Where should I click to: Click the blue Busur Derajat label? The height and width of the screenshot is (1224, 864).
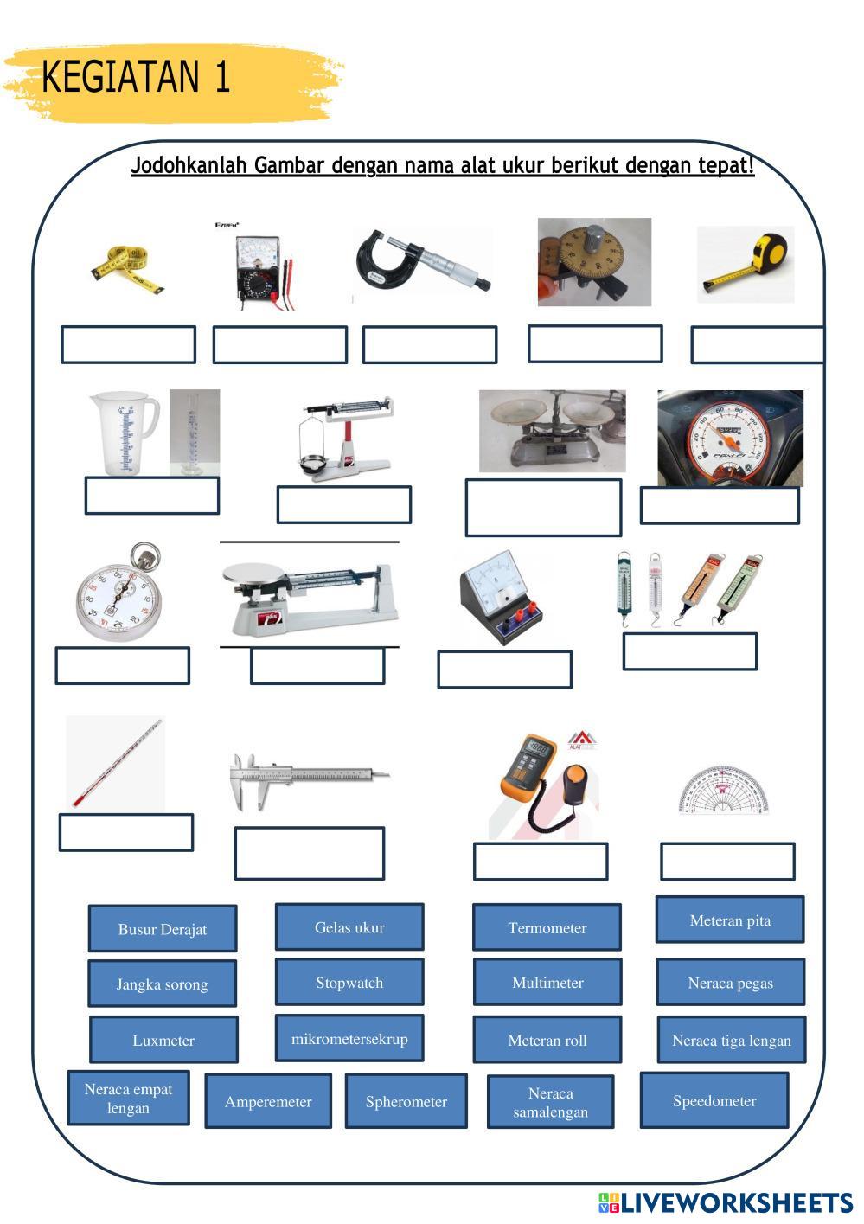(163, 928)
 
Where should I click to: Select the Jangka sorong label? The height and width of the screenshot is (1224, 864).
(163, 984)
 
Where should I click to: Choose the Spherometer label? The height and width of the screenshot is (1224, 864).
(406, 1101)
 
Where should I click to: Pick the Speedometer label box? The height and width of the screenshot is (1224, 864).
(714, 1100)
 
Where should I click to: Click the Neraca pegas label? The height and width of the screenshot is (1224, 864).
(731, 983)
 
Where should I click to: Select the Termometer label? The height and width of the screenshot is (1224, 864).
(547, 927)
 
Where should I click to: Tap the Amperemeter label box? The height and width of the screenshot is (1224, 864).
(268, 1101)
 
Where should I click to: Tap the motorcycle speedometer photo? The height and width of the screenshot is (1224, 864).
(730, 438)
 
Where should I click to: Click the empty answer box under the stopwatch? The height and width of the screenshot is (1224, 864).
(123, 665)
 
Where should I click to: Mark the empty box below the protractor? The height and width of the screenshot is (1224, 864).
(727, 862)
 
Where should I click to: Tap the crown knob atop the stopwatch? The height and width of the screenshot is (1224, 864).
(144, 556)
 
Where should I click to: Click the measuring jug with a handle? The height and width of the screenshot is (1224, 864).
(125, 433)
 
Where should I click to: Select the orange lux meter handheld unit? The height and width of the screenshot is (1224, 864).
(527, 767)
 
